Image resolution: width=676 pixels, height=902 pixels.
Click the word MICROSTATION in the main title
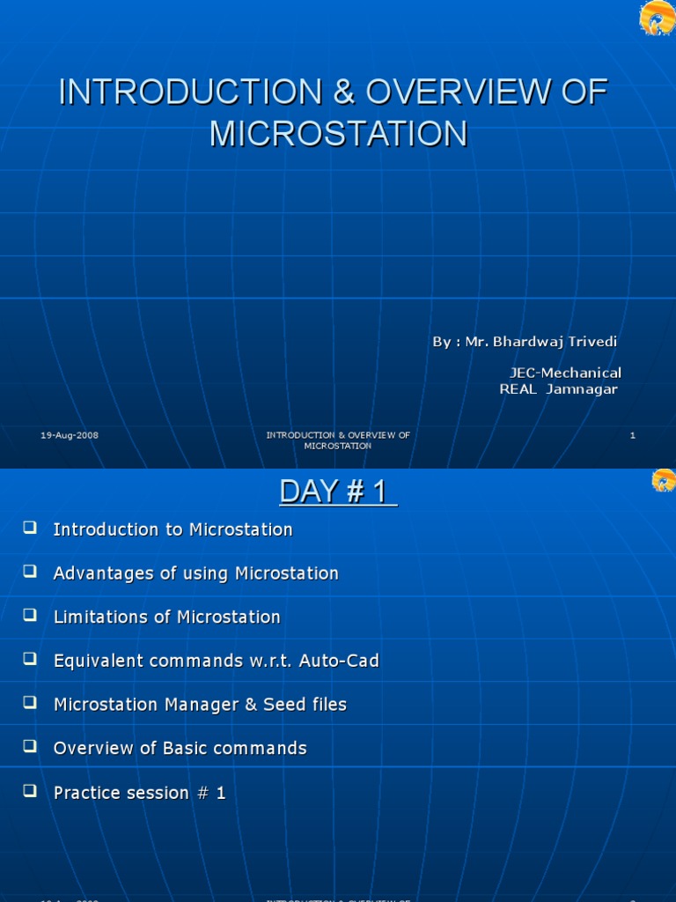click(x=338, y=133)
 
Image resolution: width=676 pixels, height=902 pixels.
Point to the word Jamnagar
click(x=582, y=389)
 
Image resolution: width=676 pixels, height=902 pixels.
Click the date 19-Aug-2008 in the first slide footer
click(x=70, y=435)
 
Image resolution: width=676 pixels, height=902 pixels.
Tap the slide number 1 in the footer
click(x=632, y=435)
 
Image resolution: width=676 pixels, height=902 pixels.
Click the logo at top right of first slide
click(x=657, y=18)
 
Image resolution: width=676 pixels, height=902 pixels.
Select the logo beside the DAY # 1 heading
click(x=663, y=481)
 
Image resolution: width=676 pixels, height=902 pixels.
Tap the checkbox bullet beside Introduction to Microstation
click(x=30, y=528)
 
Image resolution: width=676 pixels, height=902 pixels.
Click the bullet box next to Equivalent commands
click(x=30, y=659)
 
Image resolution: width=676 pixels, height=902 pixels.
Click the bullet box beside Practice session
click(x=30, y=791)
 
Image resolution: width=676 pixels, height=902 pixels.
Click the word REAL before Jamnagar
click(x=518, y=389)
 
